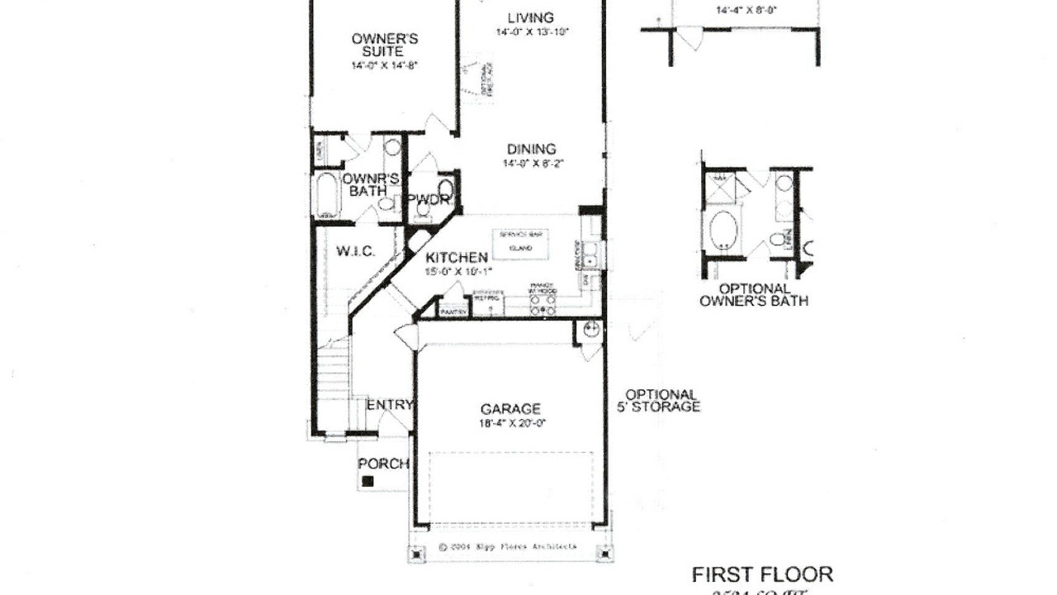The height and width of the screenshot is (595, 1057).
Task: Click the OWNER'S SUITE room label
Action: tap(385, 45)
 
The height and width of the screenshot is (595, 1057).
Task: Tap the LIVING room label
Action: tap(531, 18)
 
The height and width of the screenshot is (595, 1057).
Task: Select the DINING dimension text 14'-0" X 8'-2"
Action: tap(532, 164)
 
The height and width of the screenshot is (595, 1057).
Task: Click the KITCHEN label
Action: tap(457, 258)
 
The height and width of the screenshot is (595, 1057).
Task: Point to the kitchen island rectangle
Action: tap(521, 241)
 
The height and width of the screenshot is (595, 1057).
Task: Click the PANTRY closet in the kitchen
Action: tap(453, 311)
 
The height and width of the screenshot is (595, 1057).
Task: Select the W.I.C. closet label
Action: tap(356, 250)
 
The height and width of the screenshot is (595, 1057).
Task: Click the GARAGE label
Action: tap(510, 408)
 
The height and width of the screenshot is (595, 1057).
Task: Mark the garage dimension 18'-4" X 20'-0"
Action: tap(511, 422)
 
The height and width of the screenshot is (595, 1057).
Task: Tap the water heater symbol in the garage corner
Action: tap(590, 331)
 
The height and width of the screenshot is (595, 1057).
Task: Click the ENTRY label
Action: tap(390, 404)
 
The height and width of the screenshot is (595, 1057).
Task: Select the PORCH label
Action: tap(383, 464)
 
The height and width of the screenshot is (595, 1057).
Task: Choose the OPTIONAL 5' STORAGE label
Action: tap(661, 401)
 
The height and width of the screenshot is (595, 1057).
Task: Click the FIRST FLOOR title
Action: tap(762, 574)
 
